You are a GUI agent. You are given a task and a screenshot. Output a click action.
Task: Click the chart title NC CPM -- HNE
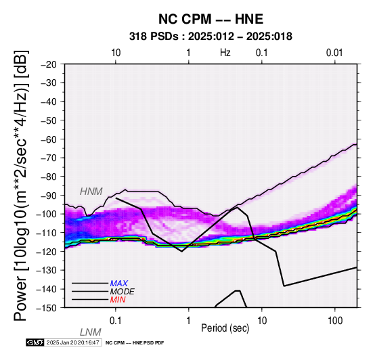point(211,19)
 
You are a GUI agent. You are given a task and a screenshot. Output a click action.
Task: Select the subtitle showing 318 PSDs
point(211,37)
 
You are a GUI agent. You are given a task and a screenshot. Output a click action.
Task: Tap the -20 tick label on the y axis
point(49,64)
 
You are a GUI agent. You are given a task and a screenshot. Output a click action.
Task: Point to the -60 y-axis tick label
point(49,139)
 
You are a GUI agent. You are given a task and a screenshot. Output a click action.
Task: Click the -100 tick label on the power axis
point(47,214)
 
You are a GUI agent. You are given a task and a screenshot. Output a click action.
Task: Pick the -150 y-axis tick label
point(47,308)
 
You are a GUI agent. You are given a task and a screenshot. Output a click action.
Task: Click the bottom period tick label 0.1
point(116,321)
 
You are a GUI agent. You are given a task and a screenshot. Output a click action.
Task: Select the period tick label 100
point(335,321)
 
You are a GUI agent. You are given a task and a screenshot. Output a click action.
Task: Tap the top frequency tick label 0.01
point(334,53)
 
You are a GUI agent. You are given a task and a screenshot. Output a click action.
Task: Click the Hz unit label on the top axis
point(225,53)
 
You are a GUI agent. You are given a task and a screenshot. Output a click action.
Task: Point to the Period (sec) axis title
point(225,328)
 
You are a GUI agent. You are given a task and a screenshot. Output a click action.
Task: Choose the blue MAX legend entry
point(119,284)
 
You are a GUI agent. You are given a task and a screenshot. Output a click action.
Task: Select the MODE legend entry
point(123,292)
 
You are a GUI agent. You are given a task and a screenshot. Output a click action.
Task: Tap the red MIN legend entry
point(118,300)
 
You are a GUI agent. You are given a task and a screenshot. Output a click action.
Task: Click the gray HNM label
point(91,192)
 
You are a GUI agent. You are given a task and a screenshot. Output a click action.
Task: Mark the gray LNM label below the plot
point(91,332)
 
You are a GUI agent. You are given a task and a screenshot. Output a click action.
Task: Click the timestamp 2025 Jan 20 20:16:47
point(73,342)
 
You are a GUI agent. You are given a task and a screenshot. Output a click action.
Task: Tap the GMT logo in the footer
point(35,342)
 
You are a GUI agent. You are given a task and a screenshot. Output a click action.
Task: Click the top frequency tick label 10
point(116,53)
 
